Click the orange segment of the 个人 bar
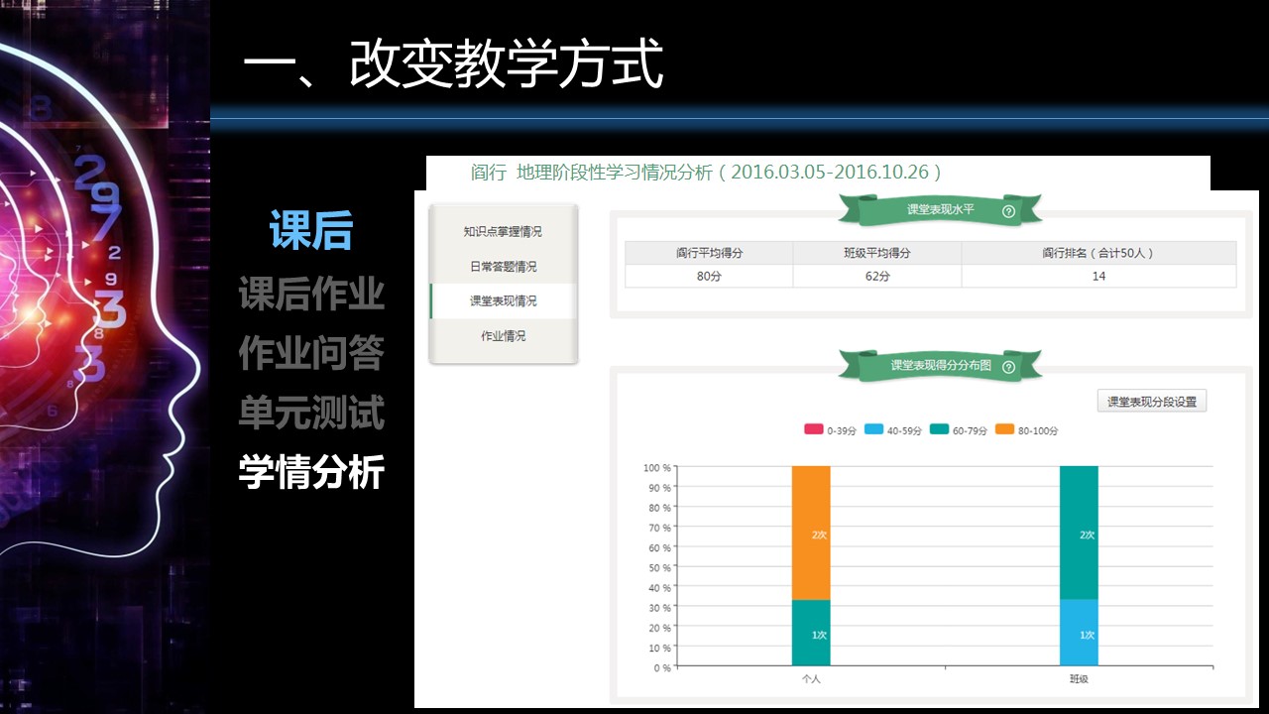pos(811,533)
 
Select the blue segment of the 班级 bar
pos(1079,633)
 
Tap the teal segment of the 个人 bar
pos(811,633)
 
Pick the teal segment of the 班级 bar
pos(1079,533)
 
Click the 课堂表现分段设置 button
pos(1152,402)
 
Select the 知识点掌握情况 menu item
pos(503,231)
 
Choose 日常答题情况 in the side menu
pos(503,267)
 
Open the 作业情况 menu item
pos(503,336)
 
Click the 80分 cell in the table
pos(709,276)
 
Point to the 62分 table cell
pos(877,276)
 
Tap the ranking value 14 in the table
pos(1098,276)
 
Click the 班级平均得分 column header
pos(877,253)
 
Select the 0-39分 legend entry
pos(830,430)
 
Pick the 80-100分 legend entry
pos(1026,430)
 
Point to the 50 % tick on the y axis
pos(659,568)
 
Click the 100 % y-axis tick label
pos(657,467)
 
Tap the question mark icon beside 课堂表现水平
pos(1008,211)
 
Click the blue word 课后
pos(311,230)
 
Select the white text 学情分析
pos(311,471)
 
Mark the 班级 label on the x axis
pos(1079,679)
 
